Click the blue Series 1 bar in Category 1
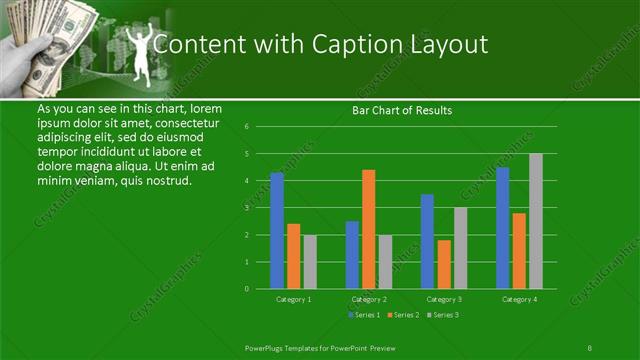click(277, 230)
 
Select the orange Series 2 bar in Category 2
click(368, 229)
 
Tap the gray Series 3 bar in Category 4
click(535, 221)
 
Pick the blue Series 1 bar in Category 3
click(427, 241)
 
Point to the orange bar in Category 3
click(444, 264)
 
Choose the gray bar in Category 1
click(309, 261)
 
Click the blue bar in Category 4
click(502, 227)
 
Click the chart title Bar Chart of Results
click(402, 110)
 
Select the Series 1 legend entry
click(364, 315)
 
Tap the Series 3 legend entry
click(442, 315)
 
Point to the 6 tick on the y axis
click(260, 127)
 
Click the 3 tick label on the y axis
click(260, 208)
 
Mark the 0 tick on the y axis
click(260, 289)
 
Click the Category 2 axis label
click(368, 299)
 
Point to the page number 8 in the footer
click(590, 346)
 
